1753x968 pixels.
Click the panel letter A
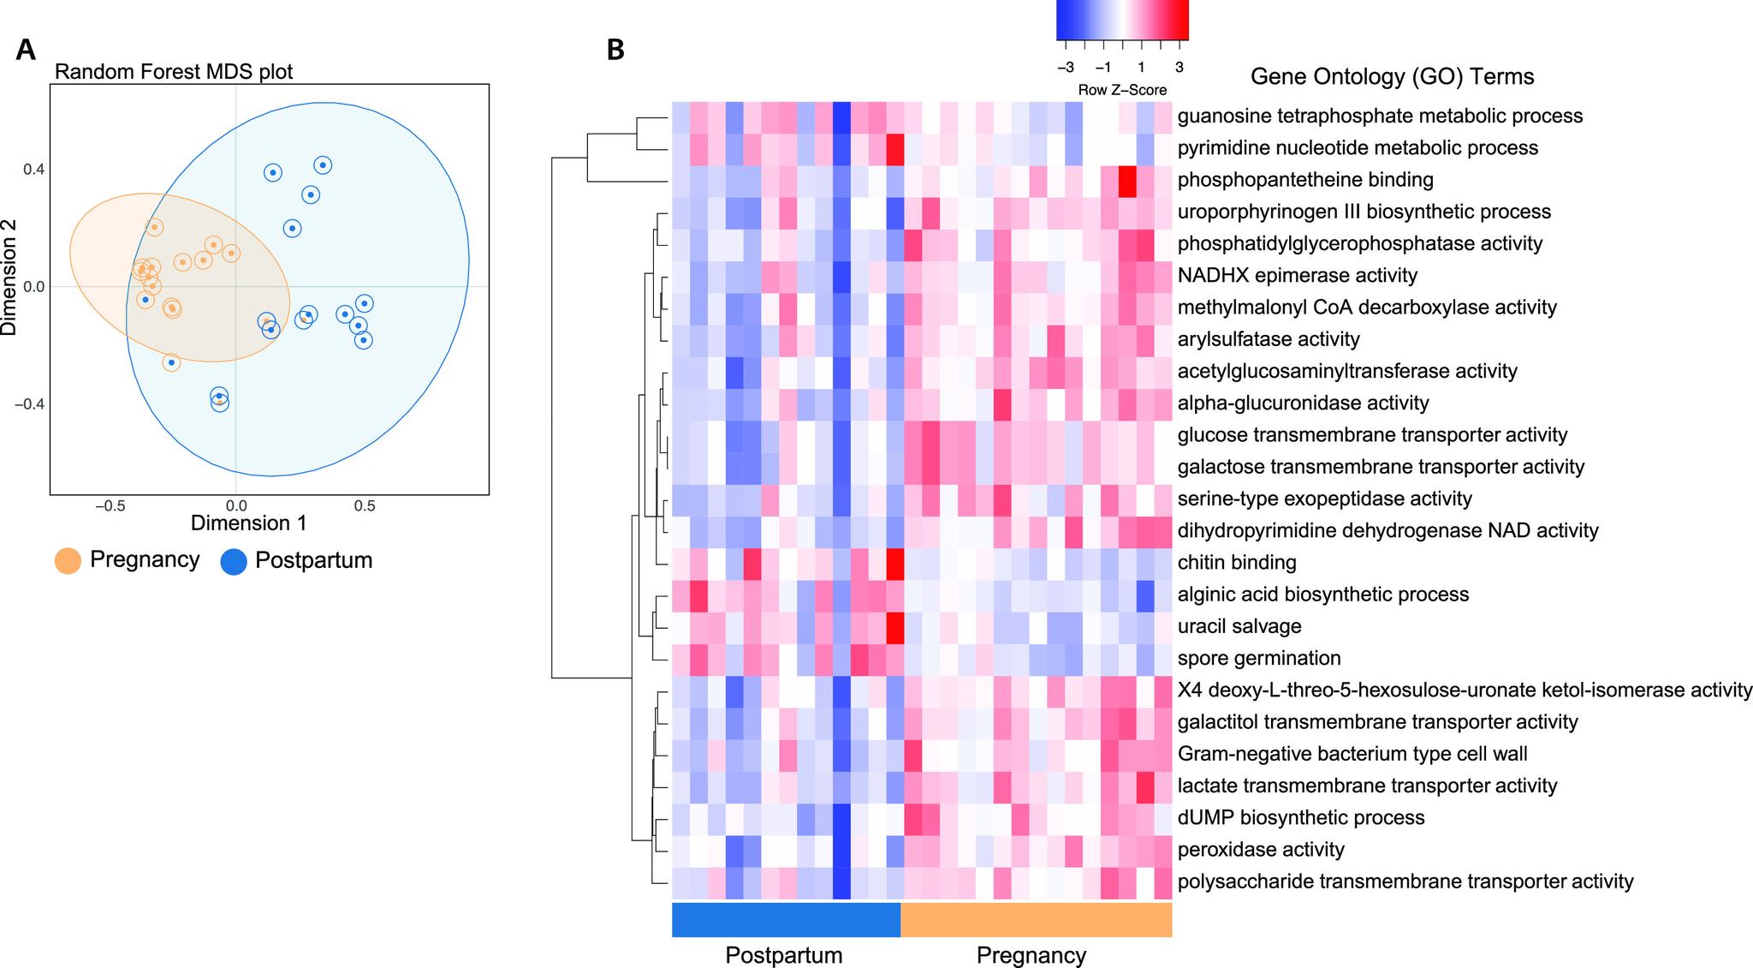26,50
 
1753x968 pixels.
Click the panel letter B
615,50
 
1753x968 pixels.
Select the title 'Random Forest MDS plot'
173,71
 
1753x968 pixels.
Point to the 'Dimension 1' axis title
248,523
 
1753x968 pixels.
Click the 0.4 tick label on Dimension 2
33,170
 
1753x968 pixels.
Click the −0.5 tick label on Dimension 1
110,506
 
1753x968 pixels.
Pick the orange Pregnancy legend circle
68,561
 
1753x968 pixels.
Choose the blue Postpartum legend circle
233,561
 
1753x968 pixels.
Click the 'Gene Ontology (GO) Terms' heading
1392,77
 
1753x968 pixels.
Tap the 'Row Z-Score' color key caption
1122,90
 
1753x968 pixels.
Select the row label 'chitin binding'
1237,563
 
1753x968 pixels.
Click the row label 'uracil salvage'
1239,626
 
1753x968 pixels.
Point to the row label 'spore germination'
1259,658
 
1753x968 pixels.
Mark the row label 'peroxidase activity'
1261,850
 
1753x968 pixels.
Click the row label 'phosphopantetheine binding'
1305,180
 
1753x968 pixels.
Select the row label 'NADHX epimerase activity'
1298,276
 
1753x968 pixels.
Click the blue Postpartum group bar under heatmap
786,920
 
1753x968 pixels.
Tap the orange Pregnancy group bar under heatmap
1036,920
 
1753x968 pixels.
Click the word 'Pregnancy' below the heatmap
1031,955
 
